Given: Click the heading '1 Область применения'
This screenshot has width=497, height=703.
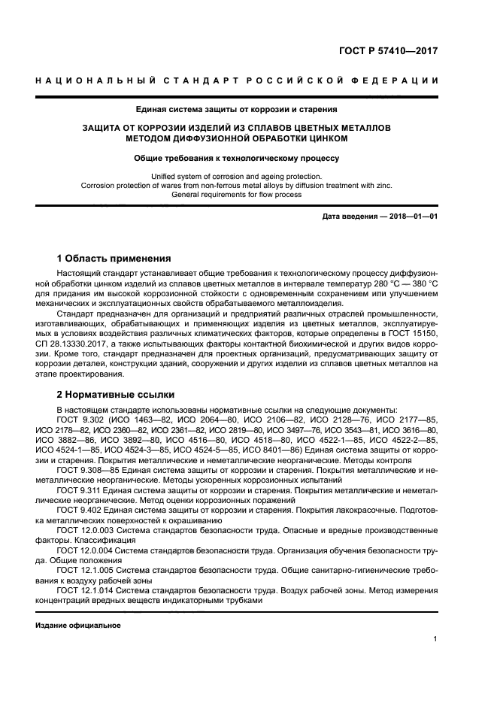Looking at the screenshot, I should (x=114, y=258).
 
